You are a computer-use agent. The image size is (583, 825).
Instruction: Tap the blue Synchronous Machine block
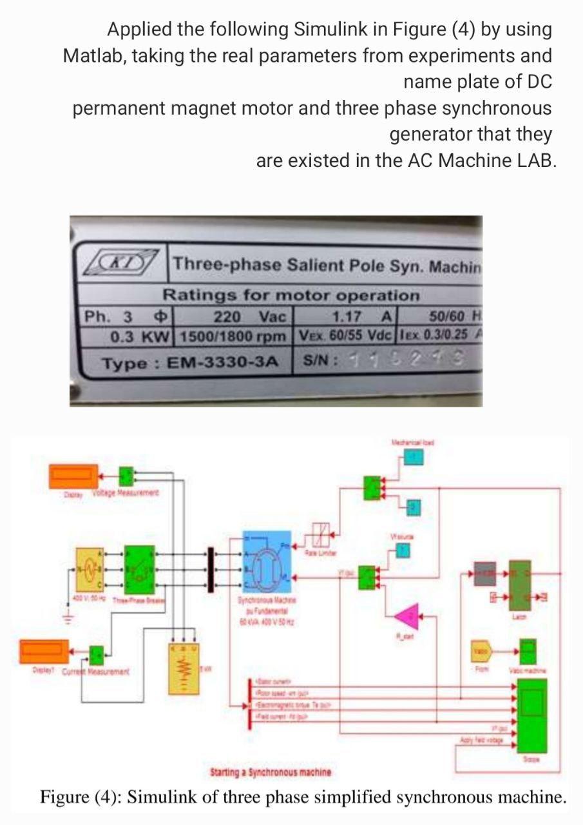click(x=267, y=563)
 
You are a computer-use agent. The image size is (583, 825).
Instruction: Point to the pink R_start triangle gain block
click(x=406, y=618)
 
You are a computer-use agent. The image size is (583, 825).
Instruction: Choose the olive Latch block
click(x=521, y=585)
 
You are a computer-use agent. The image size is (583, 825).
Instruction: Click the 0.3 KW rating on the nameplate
click(x=140, y=337)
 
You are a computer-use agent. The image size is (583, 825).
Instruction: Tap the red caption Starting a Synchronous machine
click(x=271, y=772)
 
